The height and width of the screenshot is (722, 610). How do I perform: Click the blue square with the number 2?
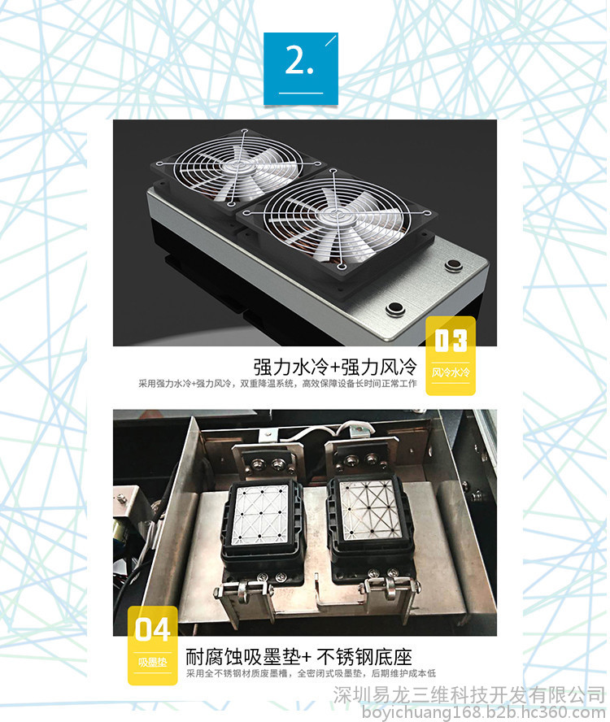point(301,68)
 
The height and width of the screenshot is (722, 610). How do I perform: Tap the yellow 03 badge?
point(451,355)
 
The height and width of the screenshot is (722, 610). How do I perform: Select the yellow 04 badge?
point(153,646)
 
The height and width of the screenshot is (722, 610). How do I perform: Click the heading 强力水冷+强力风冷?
point(335,367)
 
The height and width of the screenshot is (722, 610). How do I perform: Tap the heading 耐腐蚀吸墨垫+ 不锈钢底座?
point(298,657)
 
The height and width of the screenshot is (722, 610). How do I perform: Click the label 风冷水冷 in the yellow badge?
point(451,372)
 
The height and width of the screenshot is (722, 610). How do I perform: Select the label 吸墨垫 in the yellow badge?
point(153,662)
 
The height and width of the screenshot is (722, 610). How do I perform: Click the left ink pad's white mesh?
point(260,513)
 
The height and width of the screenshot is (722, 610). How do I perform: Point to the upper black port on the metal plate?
point(454,266)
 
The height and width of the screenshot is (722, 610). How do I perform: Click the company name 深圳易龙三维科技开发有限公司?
point(469,695)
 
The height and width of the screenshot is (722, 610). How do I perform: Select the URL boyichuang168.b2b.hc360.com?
point(484,712)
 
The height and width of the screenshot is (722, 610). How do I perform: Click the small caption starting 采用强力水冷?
point(277,384)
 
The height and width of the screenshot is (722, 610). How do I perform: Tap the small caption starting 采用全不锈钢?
point(311,674)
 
